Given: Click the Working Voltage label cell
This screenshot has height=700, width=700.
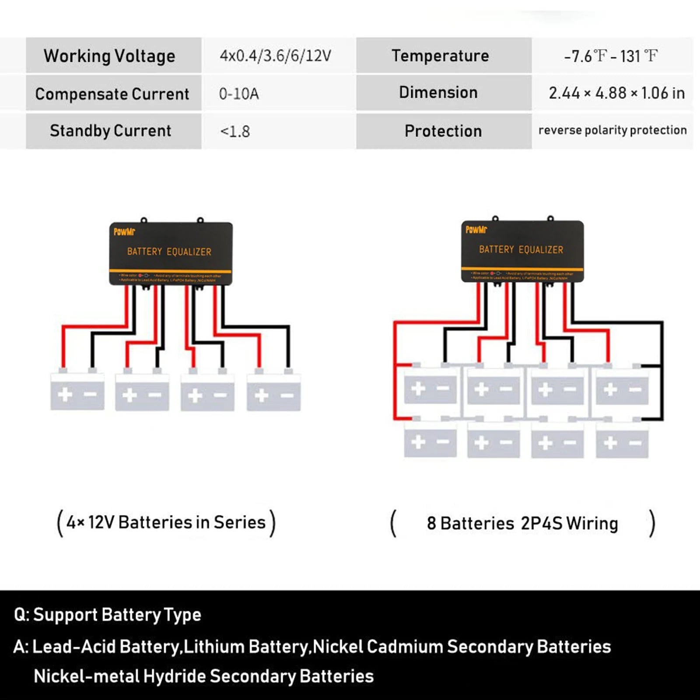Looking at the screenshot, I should [x=109, y=56].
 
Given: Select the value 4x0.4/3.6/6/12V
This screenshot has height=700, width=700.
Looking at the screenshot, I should [x=275, y=56].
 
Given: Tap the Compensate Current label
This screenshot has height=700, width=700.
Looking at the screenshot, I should [x=112, y=94].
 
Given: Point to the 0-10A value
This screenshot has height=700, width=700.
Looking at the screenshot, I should [x=239, y=94].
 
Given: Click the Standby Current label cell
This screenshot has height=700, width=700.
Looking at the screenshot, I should [x=110, y=131].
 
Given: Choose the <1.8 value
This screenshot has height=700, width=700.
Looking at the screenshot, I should [x=235, y=131].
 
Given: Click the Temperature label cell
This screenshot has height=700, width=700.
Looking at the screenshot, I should [x=440, y=56].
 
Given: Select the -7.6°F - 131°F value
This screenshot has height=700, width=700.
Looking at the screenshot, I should [x=611, y=56].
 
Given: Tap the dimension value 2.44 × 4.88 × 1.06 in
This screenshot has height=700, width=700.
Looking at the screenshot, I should [x=616, y=93].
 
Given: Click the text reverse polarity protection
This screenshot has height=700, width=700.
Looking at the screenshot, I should [x=612, y=130].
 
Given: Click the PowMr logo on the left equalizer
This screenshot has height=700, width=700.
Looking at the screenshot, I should [x=124, y=232].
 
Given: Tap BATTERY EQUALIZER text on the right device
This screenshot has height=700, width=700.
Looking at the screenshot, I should [x=521, y=250].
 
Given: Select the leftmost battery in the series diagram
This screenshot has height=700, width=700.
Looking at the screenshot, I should [x=77, y=392].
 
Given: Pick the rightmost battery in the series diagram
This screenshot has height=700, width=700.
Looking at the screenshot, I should [x=274, y=393].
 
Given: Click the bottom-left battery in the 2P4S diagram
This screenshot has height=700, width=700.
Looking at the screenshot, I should [x=430, y=442].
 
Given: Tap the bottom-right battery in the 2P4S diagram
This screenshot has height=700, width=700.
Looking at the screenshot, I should [x=622, y=442].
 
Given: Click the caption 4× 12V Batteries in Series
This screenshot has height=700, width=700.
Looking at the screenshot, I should [x=166, y=522].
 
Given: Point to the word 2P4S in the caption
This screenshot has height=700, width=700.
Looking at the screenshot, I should [x=541, y=524].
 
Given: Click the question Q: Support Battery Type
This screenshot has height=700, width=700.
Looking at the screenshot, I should [x=108, y=615].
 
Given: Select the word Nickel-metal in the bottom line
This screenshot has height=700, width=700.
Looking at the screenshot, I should [x=86, y=676].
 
